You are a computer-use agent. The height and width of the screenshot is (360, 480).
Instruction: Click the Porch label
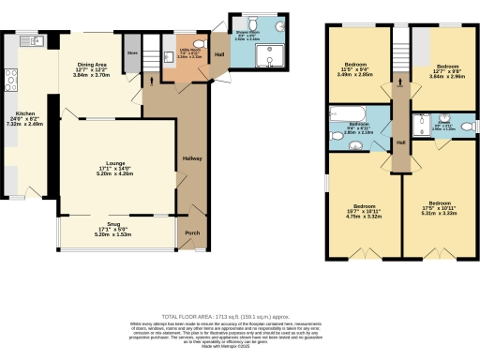pyautogui.click(x=191, y=233)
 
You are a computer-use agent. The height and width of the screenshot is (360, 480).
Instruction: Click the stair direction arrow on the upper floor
pyautogui.click(x=400, y=82)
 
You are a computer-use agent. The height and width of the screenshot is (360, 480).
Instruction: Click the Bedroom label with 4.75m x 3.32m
pyautogui.click(x=361, y=208)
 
